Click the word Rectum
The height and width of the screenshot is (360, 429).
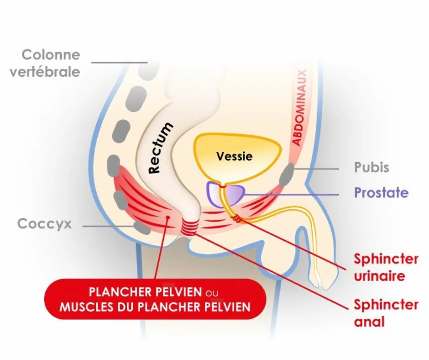coord(161,148)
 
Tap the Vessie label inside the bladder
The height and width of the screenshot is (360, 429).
coord(235,156)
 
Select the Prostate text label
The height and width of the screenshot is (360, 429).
coord(382,193)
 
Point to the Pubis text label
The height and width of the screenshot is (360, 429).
coord(371,167)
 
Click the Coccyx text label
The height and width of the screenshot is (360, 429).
coord(44,224)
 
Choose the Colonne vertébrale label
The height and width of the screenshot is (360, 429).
coord(45,64)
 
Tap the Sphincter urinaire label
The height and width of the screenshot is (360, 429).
coord(386,267)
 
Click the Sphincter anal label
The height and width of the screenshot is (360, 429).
coord(386,313)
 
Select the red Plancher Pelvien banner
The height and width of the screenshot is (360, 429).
coord(155,299)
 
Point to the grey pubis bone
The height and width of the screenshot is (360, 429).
coord(287,174)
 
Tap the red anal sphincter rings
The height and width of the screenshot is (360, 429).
coord(189,227)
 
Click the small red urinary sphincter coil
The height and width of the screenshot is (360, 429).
coord(237,219)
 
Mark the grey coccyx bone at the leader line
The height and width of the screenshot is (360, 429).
coord(142,228)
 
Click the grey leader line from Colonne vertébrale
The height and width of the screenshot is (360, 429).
coord(119,63)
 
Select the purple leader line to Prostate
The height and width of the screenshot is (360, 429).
coord(291,195)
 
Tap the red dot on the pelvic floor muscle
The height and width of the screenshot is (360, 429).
coord(167,217)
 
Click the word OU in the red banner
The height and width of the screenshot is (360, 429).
coord(212,293)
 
